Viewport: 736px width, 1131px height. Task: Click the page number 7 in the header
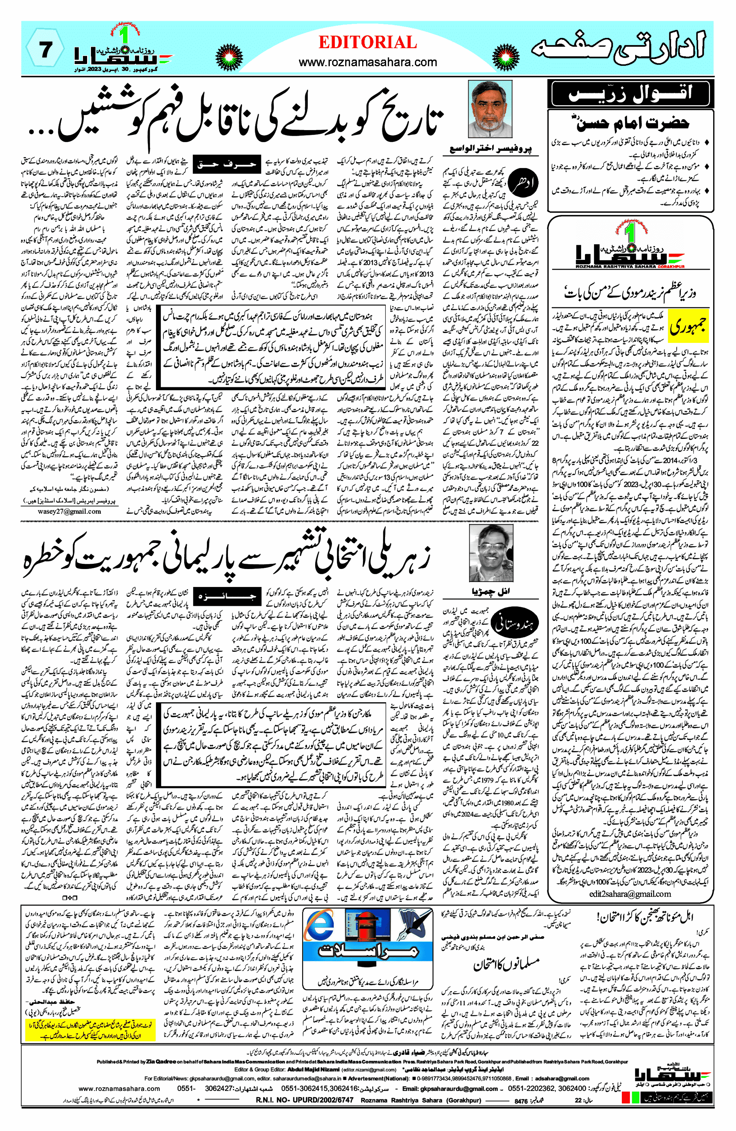(45, 50)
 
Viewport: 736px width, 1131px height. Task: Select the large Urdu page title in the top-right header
(617, 50)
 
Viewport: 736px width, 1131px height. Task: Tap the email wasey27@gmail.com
(69, 511)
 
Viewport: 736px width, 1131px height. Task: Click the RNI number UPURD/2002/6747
(304, 1100)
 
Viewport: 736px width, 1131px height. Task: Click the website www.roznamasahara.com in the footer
(119, 1088)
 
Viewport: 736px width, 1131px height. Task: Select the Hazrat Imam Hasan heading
(632, 124)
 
